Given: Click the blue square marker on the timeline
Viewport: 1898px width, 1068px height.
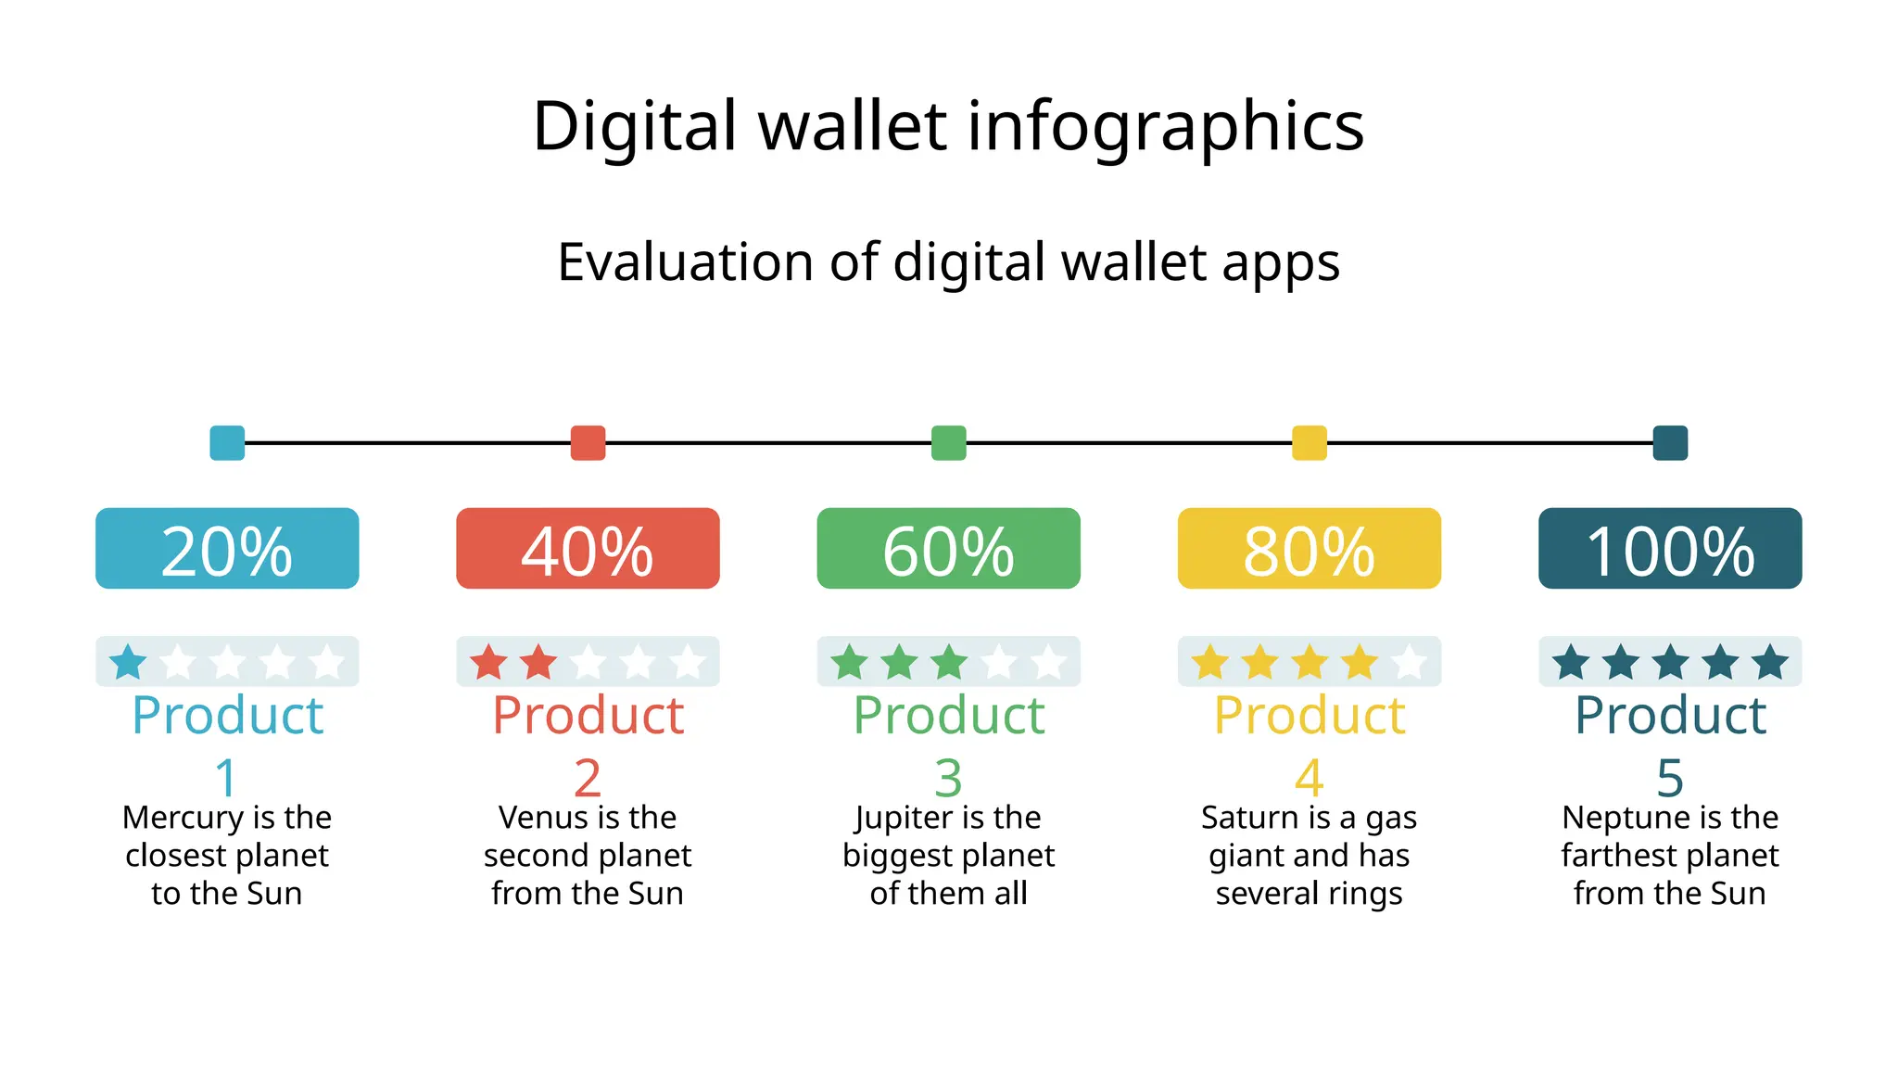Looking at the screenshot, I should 227,443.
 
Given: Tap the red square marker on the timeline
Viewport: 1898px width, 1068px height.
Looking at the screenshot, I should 588,443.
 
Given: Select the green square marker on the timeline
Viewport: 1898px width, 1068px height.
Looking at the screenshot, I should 948,443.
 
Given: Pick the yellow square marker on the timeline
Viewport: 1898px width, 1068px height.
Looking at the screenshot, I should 1309,443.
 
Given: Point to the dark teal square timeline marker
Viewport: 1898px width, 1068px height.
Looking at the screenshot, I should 1670,443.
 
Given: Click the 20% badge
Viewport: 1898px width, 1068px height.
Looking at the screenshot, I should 227,549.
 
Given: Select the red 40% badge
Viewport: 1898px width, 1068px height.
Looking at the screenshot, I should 588,549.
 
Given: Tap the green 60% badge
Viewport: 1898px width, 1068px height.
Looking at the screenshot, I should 948,549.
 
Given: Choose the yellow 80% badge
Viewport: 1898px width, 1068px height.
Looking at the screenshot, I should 1309,549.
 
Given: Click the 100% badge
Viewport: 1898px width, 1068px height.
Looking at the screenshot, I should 1670,549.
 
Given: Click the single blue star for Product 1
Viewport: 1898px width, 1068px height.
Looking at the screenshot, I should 128,663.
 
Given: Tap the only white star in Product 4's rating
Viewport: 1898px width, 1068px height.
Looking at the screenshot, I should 1409,663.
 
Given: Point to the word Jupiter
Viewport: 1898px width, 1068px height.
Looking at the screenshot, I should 894,818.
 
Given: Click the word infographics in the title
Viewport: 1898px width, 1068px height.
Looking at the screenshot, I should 1166,127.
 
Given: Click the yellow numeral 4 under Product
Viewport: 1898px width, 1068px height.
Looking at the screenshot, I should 1309,778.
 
